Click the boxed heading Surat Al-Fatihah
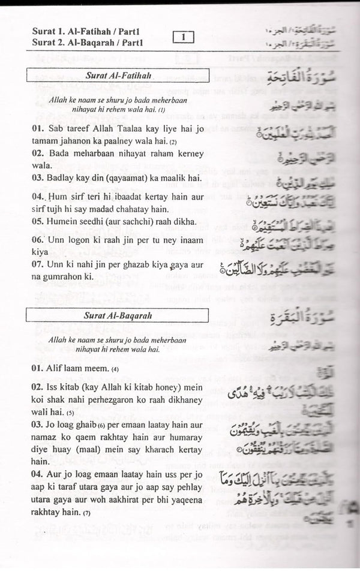coord(116,76)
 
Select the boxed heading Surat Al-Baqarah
coord(116,315)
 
